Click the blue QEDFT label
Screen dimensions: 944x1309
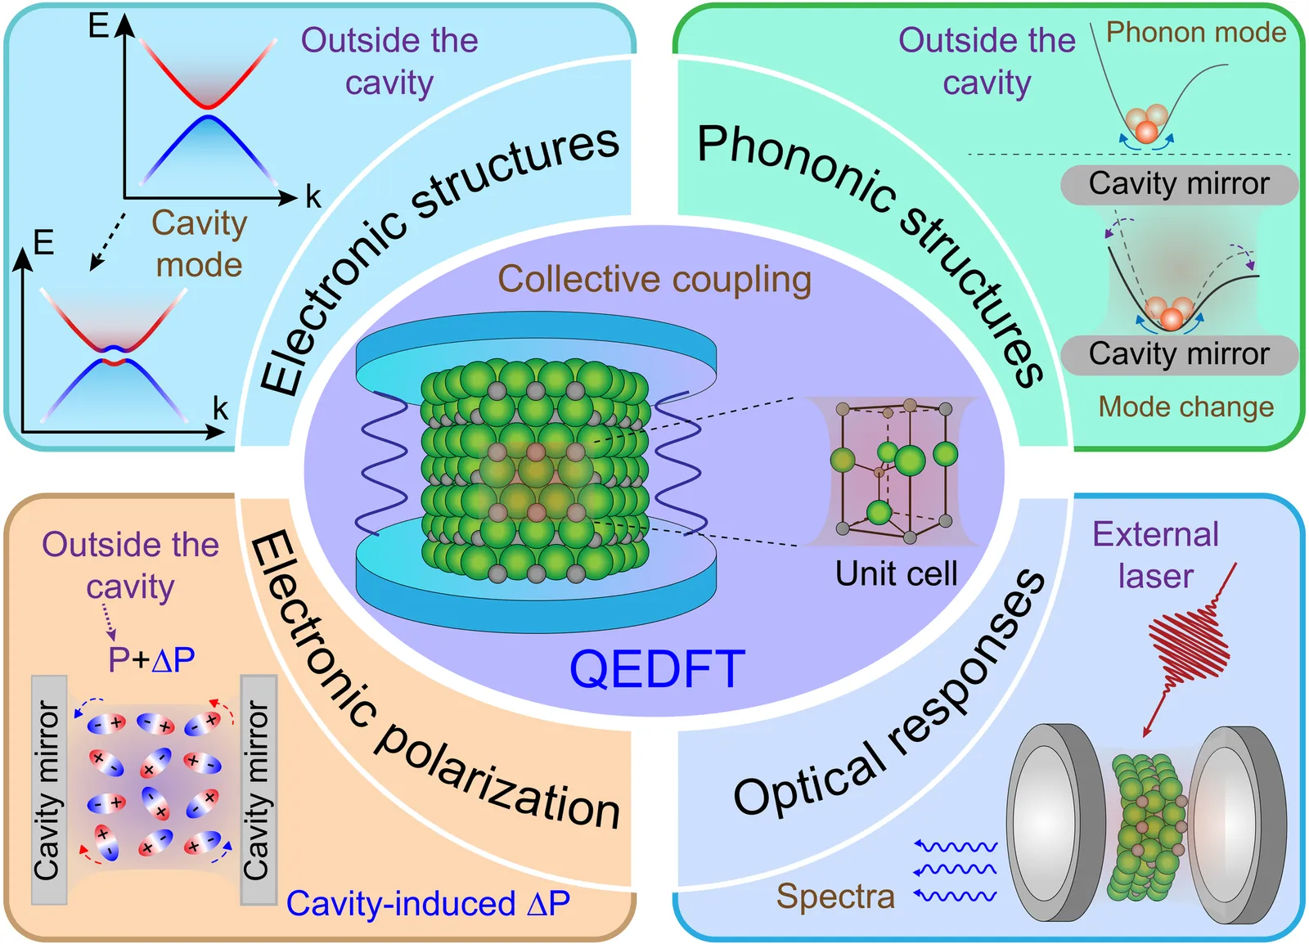pos(657,669)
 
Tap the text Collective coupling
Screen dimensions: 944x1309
pos(654,280)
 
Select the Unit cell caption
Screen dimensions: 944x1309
pos(896,573)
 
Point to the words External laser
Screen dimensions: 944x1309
pos(1155,555)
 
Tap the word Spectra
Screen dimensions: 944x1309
pos(835,897)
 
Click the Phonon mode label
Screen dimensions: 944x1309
pos(1196,33)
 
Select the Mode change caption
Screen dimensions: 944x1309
pos(1185,407)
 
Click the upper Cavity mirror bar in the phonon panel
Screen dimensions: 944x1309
pos(1179,184)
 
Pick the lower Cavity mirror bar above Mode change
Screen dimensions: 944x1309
pos(1179,354)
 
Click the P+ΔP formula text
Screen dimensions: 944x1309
pos(151,659)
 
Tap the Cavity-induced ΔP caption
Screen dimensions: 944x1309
pos(428,904)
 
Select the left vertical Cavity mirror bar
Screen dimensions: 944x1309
pos(48,789)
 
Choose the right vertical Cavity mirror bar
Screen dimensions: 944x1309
pos(259,789)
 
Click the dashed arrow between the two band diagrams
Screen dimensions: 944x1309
pos(108,241)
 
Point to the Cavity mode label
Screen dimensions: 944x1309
pos(199,244)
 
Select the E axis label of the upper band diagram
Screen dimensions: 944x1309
pos(98,26)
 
